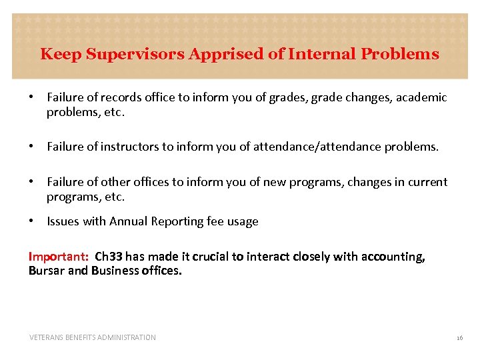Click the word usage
click(x=243, y=221)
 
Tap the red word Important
click(x=58, y=257)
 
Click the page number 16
click(x=459, y=338)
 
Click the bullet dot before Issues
click(x=31, y=221)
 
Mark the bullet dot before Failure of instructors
click(x=31, y=147)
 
